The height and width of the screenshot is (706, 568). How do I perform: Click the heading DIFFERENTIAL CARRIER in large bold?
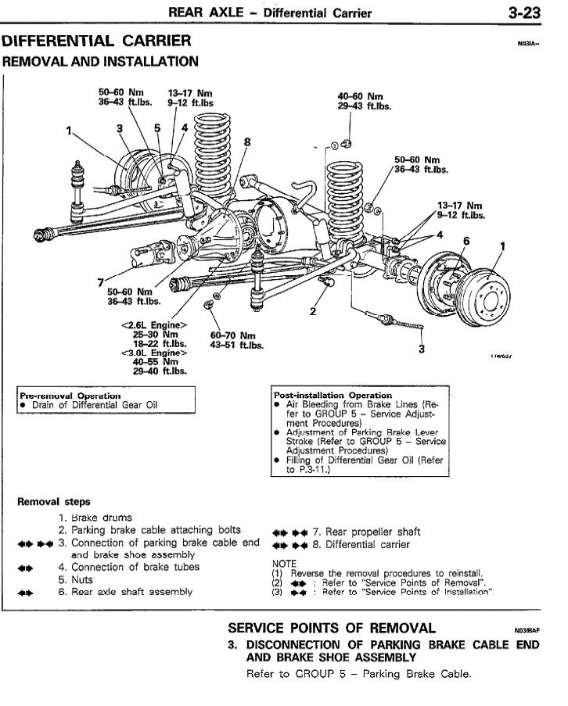click(x=96, y=41)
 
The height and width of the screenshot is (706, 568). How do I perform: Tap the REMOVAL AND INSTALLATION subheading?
click(x=101, y=61)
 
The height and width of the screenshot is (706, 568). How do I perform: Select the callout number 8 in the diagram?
click(x=247, y=142)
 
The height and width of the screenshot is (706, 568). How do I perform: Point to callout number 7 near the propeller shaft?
click(x=101, y=281)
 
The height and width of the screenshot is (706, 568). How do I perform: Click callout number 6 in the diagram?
click(x=466, y=241)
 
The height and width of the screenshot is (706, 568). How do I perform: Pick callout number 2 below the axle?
click(x=313, y=311)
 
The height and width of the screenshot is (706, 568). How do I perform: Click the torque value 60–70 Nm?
click(x=233, y=335)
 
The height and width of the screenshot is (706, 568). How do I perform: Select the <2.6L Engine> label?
click(x=154, y=324)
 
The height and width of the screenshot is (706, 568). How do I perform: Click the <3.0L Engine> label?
click(x=154, y=352)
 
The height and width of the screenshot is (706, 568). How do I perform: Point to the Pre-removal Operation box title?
click(x=70, y=395)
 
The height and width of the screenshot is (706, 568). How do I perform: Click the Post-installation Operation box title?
click(x=333, y=395)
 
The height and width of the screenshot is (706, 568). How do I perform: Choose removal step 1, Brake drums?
click(x=102, y=518)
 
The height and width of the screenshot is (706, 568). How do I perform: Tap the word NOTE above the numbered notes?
click(x=284, y=562)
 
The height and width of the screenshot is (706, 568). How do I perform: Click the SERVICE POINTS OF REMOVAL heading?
click(x=331, y=628)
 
